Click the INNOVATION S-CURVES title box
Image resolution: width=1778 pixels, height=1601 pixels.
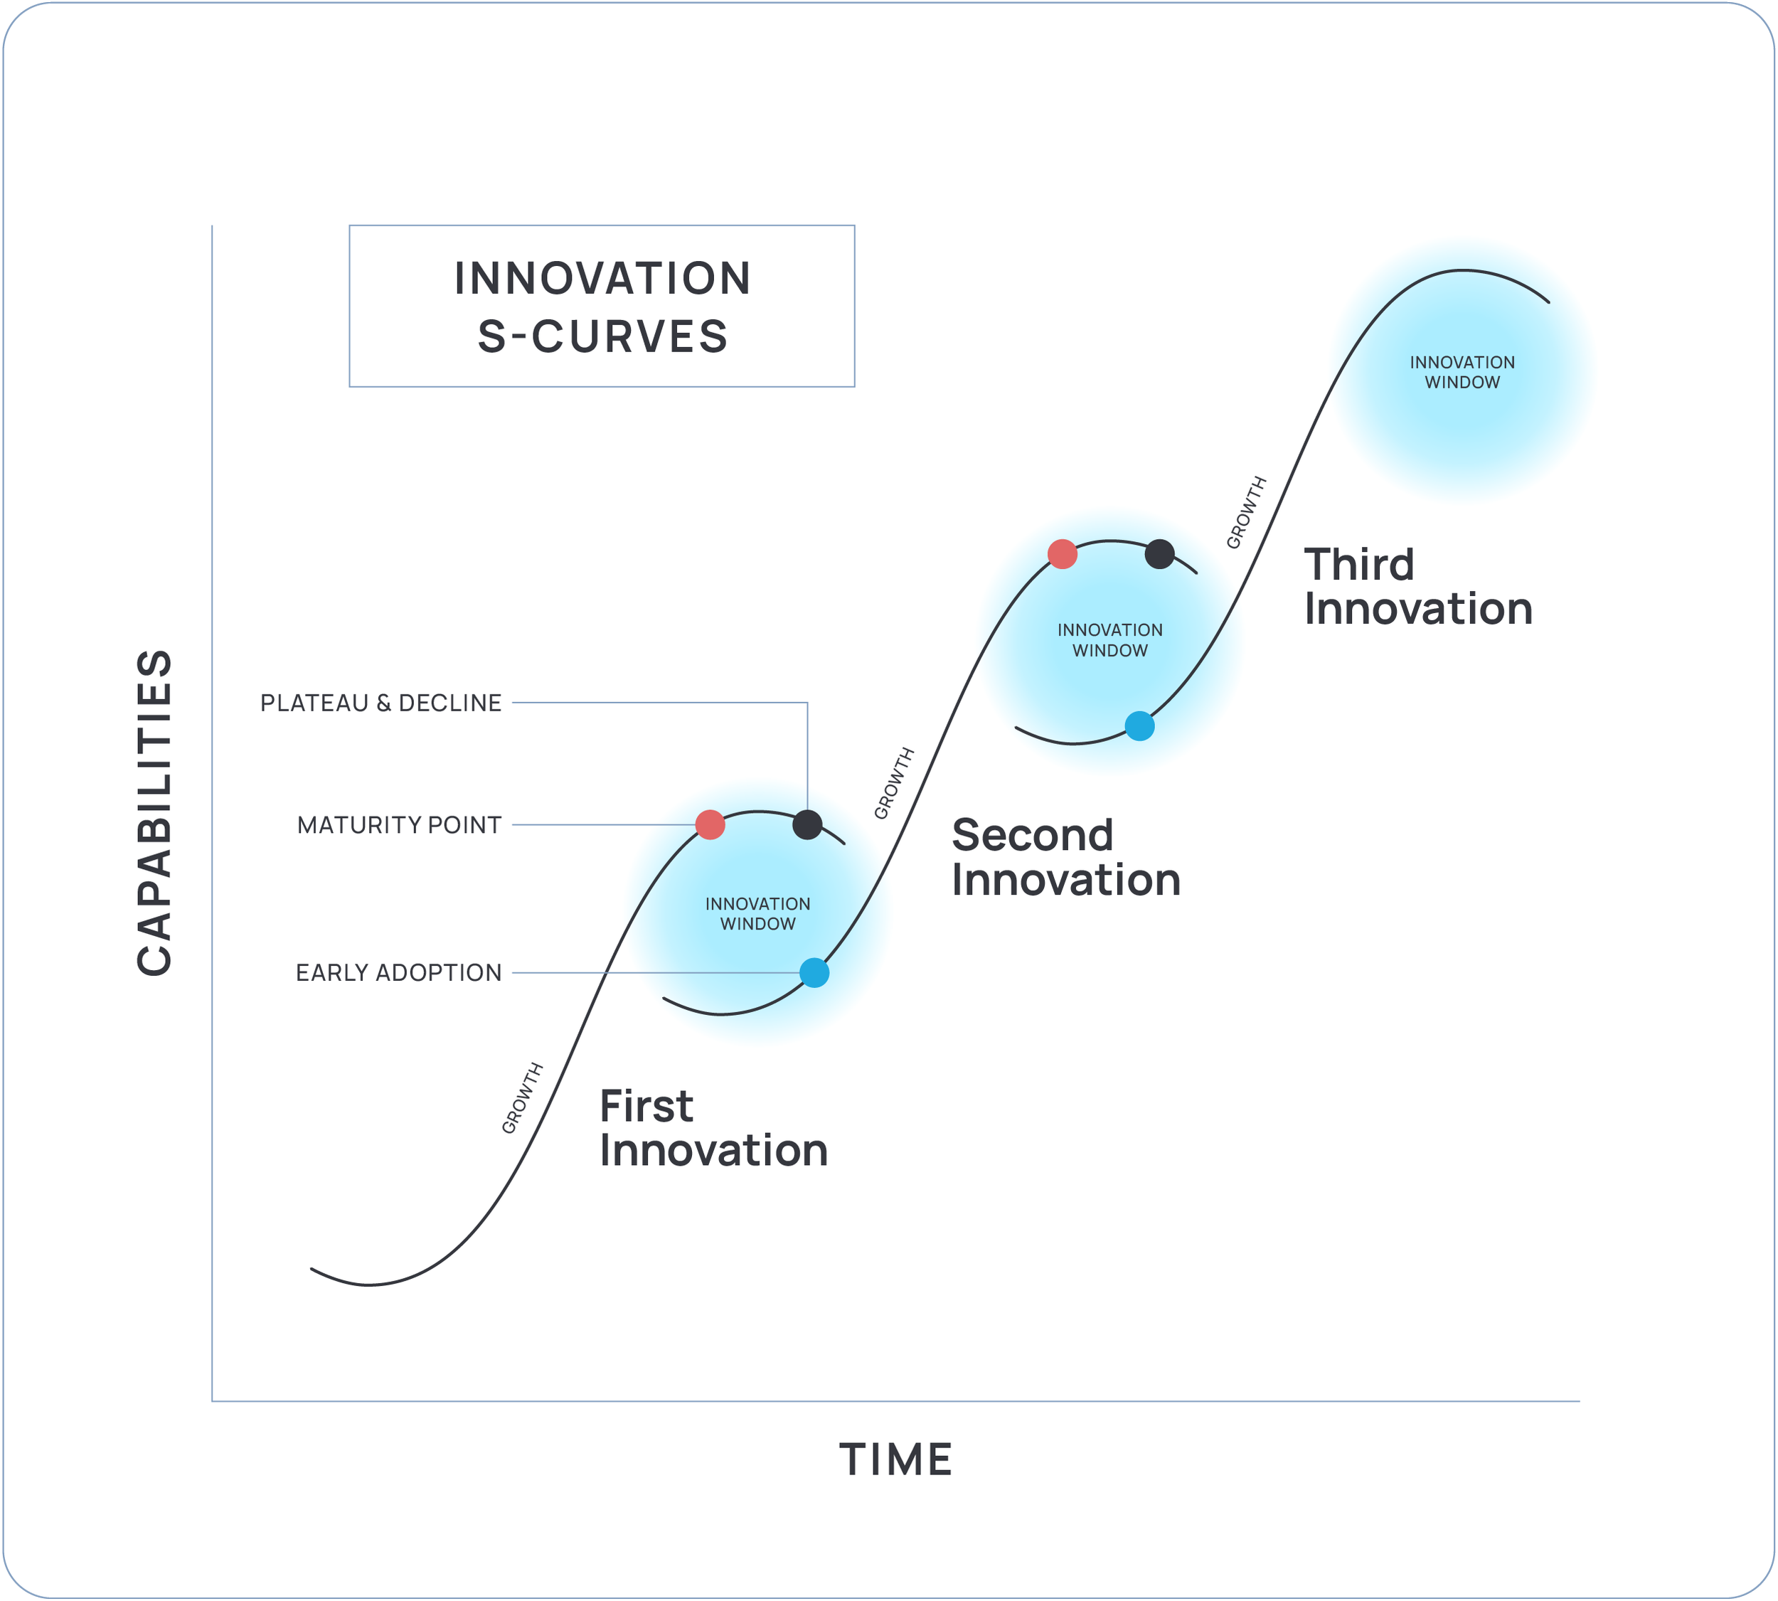[602, 306]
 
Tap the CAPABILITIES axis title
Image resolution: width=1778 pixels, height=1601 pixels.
[155, 813]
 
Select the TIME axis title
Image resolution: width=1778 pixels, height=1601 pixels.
[895, 1460]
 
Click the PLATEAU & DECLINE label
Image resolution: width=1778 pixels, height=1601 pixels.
[381, 703]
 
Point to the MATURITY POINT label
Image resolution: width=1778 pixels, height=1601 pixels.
[400, 825]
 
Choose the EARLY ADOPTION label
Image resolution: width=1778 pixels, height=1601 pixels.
[398, 973]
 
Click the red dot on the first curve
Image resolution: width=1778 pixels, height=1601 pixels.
[710, 825]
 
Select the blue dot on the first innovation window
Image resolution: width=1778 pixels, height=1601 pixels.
[814, 973]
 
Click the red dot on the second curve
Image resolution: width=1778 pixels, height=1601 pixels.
[1063, 554]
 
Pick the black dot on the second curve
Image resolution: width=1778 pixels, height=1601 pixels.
[1159, 554]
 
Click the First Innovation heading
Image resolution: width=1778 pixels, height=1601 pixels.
[713, 1129]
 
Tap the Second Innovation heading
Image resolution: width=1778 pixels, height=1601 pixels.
[1065, 858]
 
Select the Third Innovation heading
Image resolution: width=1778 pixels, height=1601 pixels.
[1417, 587]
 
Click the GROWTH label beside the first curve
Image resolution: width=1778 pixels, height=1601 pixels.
[523, 1099]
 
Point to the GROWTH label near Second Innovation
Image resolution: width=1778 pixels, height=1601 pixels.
[894, 784]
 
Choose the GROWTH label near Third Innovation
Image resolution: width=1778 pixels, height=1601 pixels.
[1247, 513]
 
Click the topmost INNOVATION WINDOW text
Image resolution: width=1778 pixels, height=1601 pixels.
[1462, 372]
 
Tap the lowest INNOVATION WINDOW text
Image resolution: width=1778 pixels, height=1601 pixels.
[757, 914]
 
